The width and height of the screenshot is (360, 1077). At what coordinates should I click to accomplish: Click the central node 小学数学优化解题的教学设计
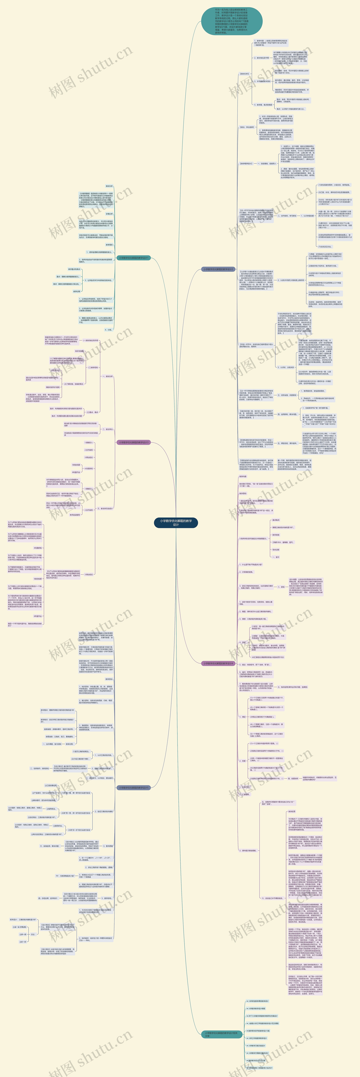176,523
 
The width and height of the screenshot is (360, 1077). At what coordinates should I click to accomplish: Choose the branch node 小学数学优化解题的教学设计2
218,269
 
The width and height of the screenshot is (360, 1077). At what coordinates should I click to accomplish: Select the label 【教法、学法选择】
247,127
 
